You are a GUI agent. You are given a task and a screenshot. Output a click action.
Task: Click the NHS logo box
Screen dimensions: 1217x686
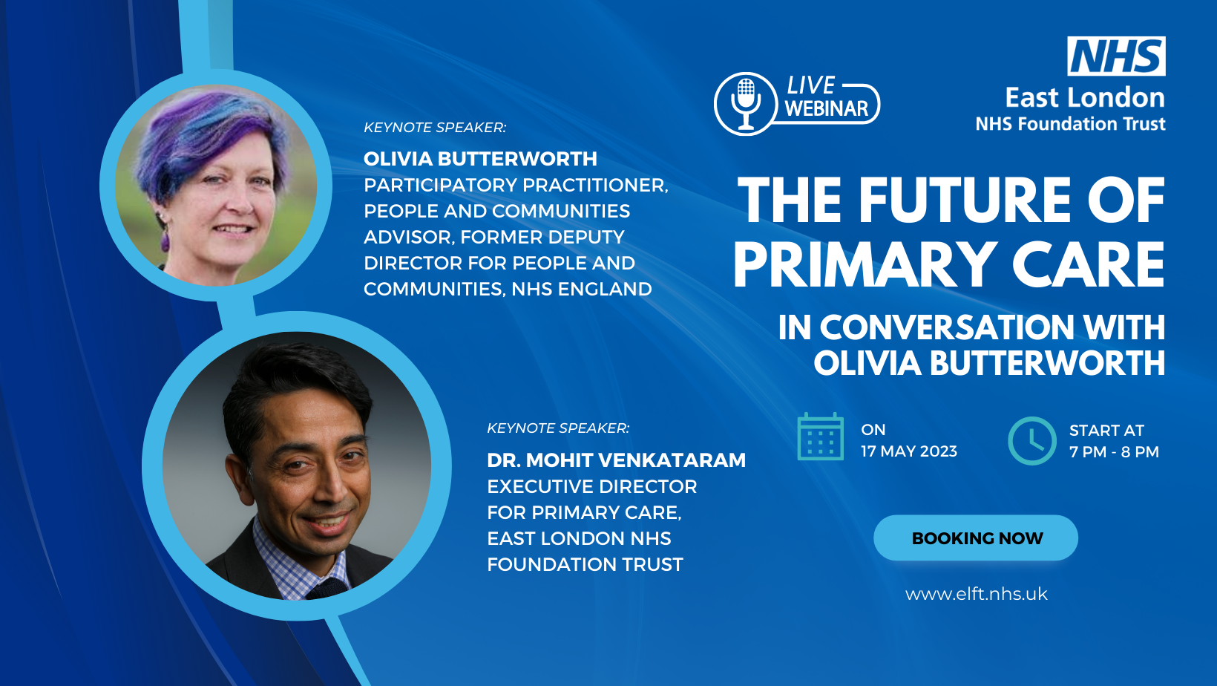(x=1116, y=56)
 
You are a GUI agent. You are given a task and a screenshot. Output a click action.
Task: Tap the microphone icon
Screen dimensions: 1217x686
(x=746, y=104)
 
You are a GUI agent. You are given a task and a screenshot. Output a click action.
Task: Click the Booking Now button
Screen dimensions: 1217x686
(x=976, y=538)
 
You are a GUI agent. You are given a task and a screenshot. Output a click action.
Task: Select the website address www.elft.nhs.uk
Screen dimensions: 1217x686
(x=977, y=594)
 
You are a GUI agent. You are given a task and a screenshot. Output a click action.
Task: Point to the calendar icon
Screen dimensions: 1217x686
(x=821, y=437)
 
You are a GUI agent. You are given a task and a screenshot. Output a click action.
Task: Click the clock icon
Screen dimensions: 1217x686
(x=1032, y=440)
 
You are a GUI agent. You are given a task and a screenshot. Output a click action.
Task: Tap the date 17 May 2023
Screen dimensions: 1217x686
(x=909, y=451)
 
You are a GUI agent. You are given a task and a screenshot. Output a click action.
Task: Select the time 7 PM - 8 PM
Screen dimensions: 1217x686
(x=1115, y=451)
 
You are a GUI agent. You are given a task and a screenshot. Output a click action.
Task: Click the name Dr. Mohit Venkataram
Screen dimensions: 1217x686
(x=616, y=460)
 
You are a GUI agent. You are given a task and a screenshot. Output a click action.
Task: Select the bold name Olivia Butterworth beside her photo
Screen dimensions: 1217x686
(x=480, y=159)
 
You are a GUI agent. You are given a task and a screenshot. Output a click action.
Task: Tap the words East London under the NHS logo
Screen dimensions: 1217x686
(x=1085, y=98)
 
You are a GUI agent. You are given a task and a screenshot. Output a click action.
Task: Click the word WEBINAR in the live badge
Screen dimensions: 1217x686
(x=827, y=108)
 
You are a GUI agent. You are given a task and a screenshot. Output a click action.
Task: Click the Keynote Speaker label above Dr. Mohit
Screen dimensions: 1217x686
(x=558, y=428)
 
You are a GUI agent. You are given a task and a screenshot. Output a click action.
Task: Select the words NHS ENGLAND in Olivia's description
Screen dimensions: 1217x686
(x=581, y=289)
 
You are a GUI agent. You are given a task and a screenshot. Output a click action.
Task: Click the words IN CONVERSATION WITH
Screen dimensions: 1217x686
(x=971, y=327)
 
